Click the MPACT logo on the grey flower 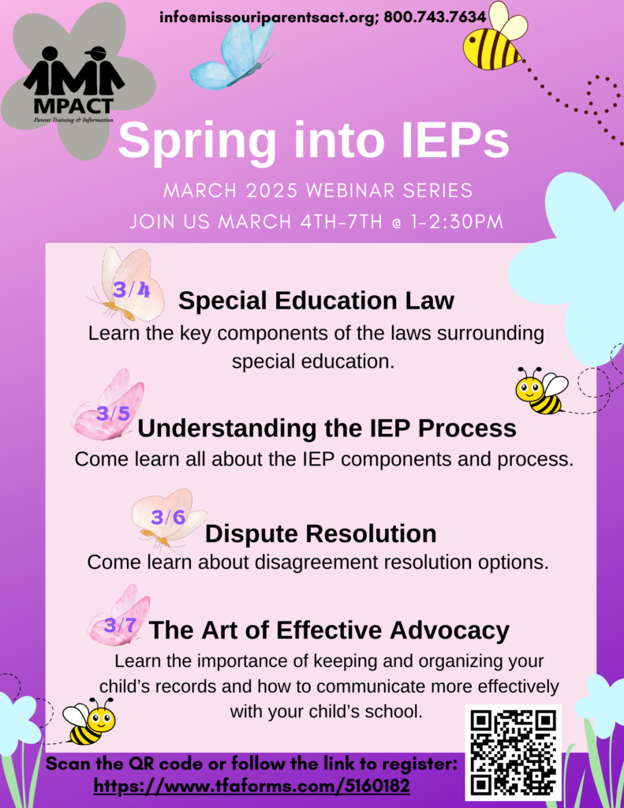(73, 85)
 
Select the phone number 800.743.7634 (435, 17)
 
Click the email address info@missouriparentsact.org (269, 17)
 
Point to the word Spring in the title (197, 140)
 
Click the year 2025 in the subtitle (272, 190)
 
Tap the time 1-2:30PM (457, 222)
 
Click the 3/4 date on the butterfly (132, 290)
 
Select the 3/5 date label (114, 413)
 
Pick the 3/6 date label (168, 517)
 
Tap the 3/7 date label (120, 626)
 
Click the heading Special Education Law (316, 301)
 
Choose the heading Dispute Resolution (320, 533)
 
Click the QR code (514, 752)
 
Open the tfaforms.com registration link (252, 787)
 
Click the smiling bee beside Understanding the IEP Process (541, 391)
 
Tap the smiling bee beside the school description (88, 721)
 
